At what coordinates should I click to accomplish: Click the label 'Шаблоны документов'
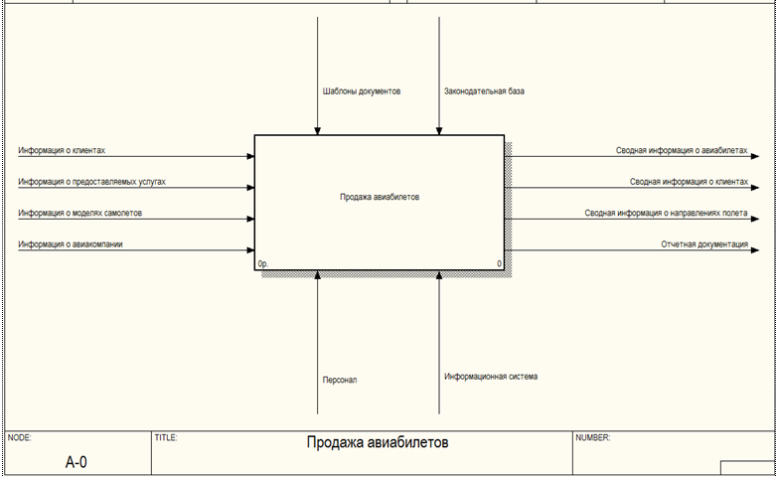click(362, 91)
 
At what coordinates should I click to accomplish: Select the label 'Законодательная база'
click(484, 91)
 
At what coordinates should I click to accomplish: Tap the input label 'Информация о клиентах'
click(62, 151)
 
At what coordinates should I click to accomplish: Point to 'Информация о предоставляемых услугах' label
click(91, 183)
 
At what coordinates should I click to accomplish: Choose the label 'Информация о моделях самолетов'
click(79, 214)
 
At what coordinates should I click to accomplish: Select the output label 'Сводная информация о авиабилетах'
click(681, 151)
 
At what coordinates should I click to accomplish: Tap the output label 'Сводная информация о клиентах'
click(689, 182)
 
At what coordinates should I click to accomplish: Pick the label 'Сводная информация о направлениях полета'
click(666, 213)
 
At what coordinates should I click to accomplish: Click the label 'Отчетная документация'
click(704, 243)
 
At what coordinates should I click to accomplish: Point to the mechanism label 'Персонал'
click(339, 380)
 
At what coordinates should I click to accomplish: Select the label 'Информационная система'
click(491, 377)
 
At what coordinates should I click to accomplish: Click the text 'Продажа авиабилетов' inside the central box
click(381, 197)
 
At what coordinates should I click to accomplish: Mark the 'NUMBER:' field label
click(593, 437)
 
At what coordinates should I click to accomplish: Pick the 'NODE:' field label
click(20, 437)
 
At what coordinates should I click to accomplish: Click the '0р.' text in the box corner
click(263, 264)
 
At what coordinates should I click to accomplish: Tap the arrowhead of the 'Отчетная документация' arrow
click(759, 249)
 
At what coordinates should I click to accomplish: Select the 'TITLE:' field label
click(166, 437)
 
